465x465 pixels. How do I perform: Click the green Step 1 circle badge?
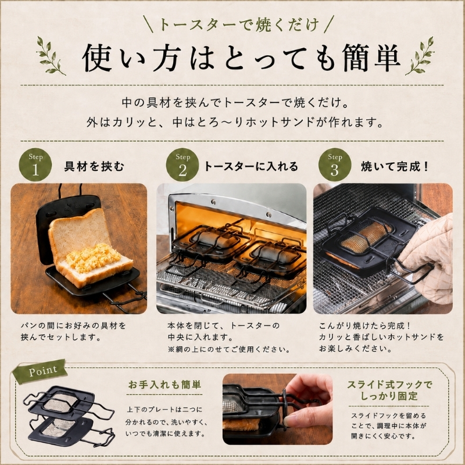pos(35,164)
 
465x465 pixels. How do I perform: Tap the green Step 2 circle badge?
pos(183,164)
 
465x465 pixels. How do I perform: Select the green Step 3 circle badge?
pos(335,164)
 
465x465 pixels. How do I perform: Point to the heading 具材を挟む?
pos(94,166)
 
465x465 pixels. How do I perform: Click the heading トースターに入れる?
pos(251,166)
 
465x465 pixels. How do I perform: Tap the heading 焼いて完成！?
pos(395,166)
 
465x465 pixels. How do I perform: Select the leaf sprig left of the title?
pos(50,55)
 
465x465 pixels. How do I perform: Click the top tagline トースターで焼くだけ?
pos(239,24)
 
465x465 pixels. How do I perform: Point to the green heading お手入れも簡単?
pos(164,385)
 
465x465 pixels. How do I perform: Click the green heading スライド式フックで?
pos(389,385)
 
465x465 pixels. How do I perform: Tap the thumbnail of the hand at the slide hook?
pos(277,409)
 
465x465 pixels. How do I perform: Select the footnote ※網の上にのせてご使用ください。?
pos(229,349)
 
